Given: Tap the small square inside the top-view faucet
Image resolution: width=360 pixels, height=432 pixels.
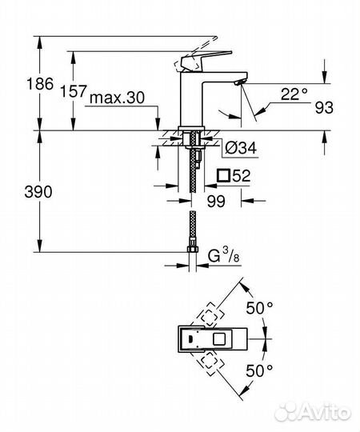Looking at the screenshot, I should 219,340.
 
